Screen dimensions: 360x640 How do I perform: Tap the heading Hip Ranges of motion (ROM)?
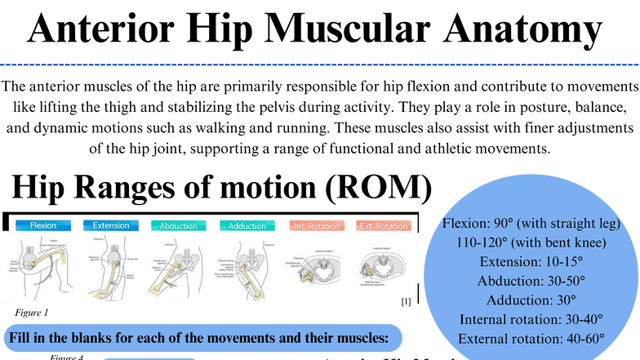coord(221,187)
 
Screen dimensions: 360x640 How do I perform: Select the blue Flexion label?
coord(42,225)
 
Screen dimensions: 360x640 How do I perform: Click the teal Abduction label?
coord(178,226)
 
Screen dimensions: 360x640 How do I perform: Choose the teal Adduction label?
coord(247,226)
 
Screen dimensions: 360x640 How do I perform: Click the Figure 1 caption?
coord(33,311)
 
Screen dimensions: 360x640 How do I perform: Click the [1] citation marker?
coord(406,301)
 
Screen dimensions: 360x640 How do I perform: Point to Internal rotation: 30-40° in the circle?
coord(531,319)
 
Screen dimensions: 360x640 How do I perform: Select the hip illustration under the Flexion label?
coord(41,265)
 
